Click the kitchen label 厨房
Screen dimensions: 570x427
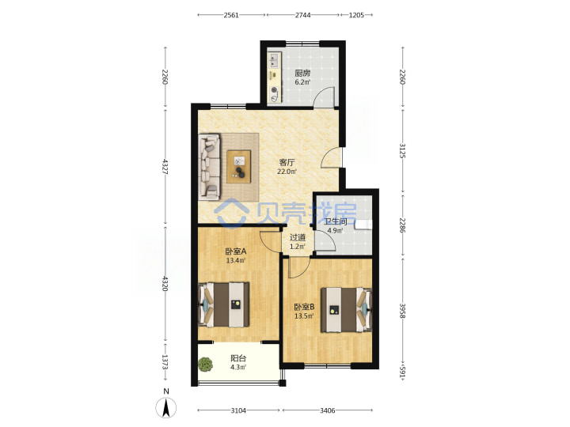(x=302, y=74)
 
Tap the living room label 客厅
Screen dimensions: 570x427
(x=287, y=162)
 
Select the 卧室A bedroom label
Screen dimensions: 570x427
(x=236, y=251)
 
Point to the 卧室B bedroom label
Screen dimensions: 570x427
(x=304, y=307)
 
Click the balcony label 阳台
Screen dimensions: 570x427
(x=238, y=358)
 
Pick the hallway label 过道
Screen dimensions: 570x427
(x=298, y=237)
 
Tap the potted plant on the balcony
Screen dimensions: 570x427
(x=205, y=365)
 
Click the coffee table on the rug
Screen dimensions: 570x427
(x=239, y=166)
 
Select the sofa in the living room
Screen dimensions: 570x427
(x=210, y=167)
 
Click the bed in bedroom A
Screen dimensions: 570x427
(x=224, y=304)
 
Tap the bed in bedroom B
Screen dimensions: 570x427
(x=346, y=310)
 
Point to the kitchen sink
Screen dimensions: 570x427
(x=274, y=60)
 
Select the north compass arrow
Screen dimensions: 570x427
(x=166, y=407)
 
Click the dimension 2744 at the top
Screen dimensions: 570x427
(x=302, y=15)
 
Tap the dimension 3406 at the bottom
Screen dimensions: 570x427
(x=327, y=410)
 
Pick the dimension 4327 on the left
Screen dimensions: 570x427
(x=165, y=166)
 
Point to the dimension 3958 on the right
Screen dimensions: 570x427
(x=402, y=311)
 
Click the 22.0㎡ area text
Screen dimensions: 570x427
(x=287, y=172)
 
